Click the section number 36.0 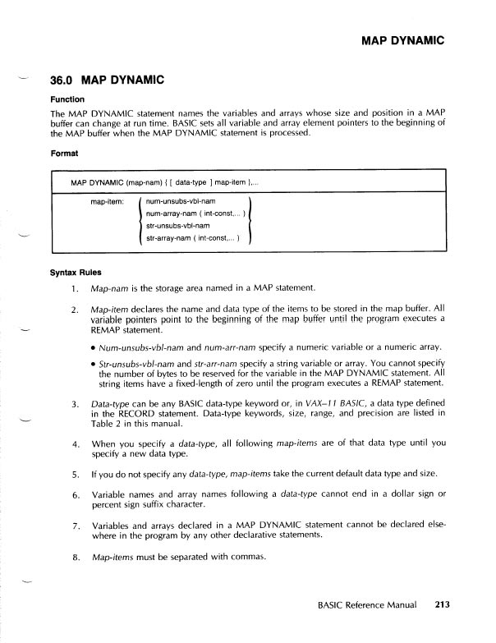(63, 80)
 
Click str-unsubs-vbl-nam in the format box (177, 225)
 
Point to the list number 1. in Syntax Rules (75, 289)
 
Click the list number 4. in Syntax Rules (75, 443)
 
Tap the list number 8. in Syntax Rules (75, 559)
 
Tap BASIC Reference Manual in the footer (370, 609)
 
